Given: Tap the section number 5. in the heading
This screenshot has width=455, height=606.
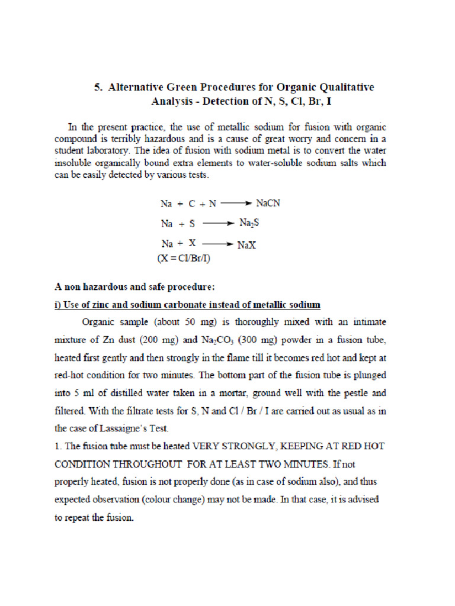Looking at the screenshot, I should [98, 88].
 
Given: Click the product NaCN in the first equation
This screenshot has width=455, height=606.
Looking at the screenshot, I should [268, 203].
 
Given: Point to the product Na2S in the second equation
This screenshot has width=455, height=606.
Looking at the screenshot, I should [250, 224].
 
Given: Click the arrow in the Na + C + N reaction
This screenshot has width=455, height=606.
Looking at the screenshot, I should [236, 203].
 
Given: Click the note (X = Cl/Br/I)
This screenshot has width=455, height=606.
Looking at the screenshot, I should [184, 258].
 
